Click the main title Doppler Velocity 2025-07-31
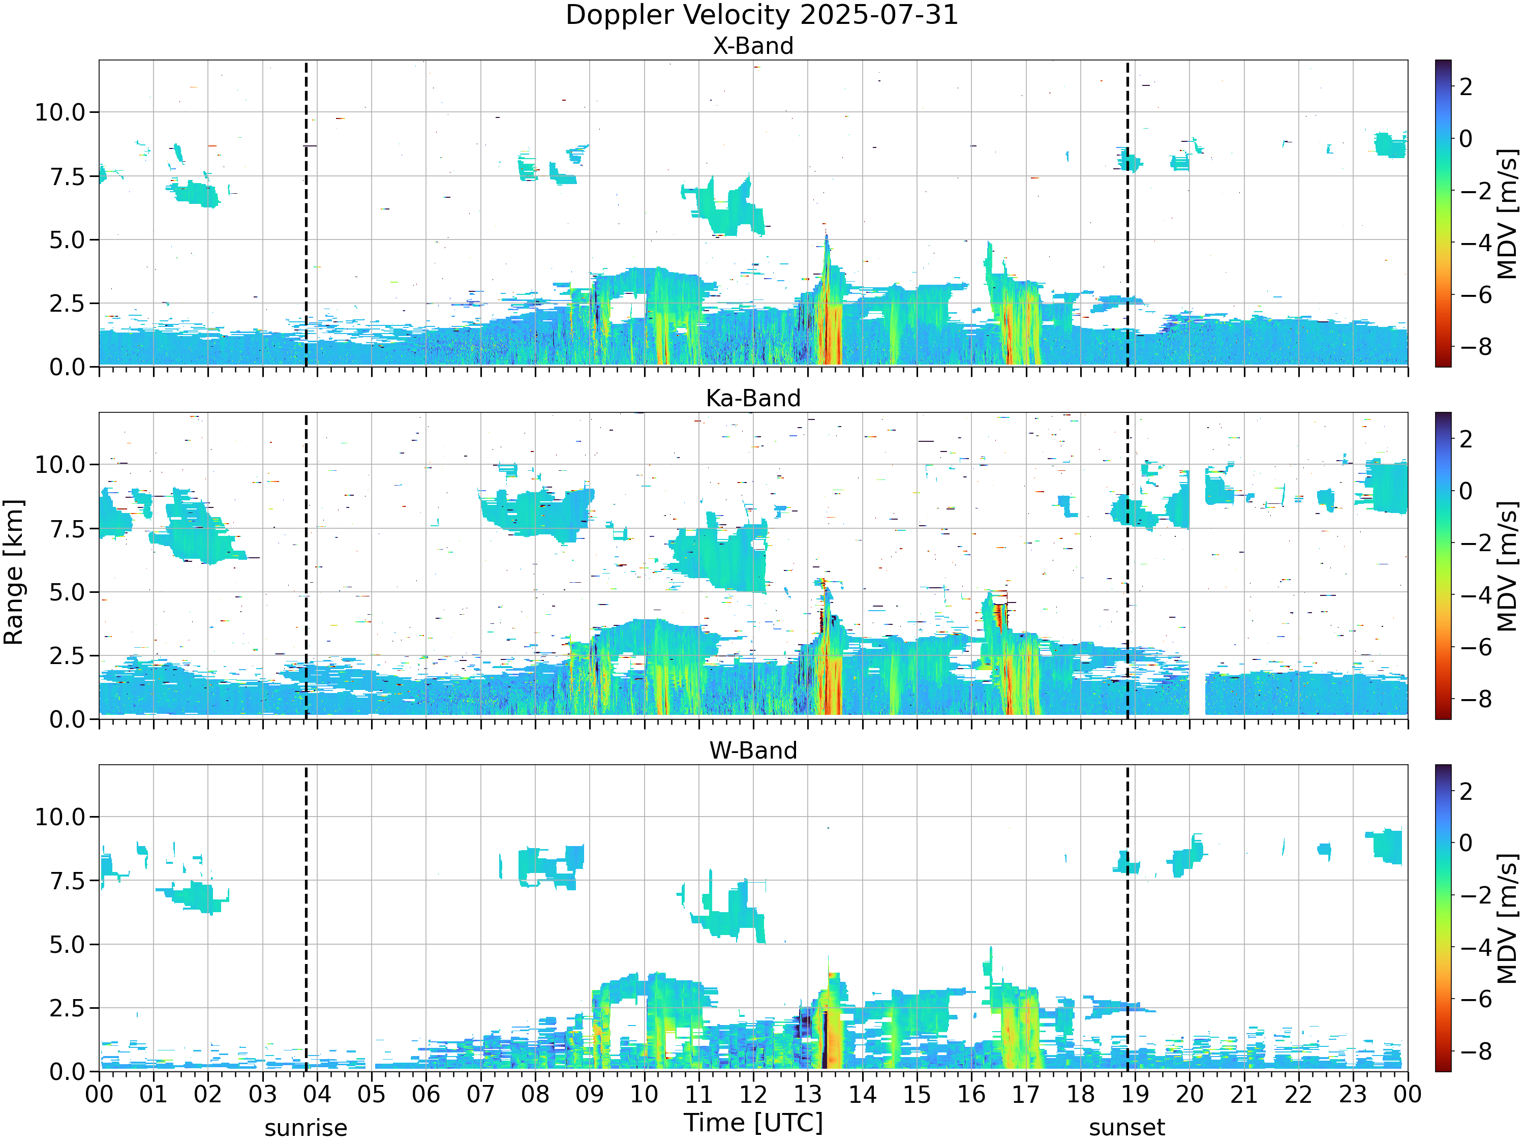click(x=762, y=15)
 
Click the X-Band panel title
click(x=753, y=46)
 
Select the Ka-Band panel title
click(x=753, y=398)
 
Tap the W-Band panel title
click(x=753, y=750)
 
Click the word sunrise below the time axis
click(x=306, y=1128)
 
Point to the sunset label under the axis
click(x=1127, y=1128)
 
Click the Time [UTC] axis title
click(x=753, y=1123)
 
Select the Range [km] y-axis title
click(x=14, y=573)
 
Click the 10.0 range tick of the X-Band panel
click(x=60, y=112)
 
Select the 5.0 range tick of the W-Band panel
click(x=67, y=945)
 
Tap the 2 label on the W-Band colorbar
click(x=1466, y=792)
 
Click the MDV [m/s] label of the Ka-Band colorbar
click(x=1508, y=566)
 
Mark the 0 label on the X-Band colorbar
click(x=1466, y=139)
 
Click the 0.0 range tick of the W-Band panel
click(x=67, y=1072)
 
